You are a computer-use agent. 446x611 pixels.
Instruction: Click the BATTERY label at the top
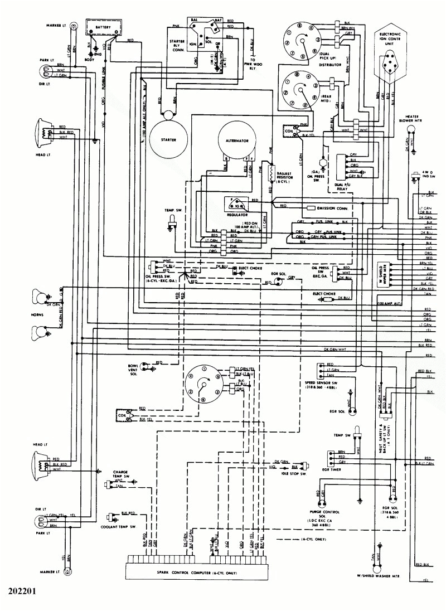[x=103, y=26]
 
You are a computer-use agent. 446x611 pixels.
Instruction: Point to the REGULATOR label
[x=237, y=214]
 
